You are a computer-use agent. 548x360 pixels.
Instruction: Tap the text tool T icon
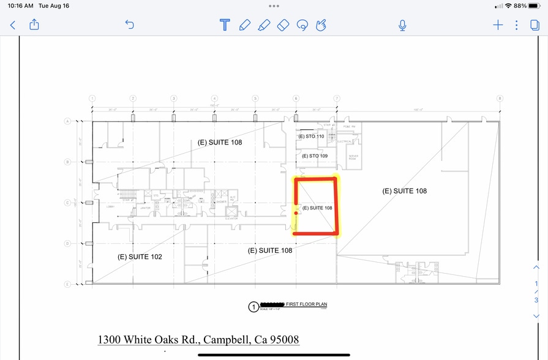coord(225,25)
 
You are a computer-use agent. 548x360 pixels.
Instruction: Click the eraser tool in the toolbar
coord(282,25)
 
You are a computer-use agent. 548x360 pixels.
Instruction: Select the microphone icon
coord(402,25)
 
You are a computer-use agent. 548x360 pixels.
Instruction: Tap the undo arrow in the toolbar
coord(129,24)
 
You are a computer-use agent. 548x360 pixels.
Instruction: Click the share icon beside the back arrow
coord(34,24)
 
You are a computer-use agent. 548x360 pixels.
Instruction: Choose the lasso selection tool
coord(301,25)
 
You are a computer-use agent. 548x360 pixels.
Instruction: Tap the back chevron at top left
coord(13,25)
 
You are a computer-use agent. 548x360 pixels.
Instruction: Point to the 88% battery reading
coord(520,6)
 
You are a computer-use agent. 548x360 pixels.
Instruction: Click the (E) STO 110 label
coord(311,137)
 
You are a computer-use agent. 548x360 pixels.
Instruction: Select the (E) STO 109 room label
coord(315,156)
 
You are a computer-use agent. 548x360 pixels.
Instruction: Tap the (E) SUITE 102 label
coord(140,257)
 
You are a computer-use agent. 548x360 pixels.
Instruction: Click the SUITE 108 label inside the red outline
coord(317,208)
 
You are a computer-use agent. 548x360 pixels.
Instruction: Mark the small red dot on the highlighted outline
coord(296,213)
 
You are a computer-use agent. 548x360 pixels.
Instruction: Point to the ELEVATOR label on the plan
coord(231,218)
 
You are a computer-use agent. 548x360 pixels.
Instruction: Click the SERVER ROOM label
coord(353,157)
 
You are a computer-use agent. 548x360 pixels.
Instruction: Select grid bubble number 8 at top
coord(500,99)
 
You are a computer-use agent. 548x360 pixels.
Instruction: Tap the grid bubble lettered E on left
coord(67,284)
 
